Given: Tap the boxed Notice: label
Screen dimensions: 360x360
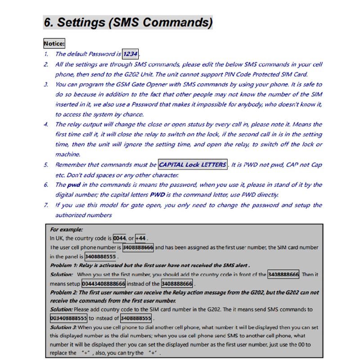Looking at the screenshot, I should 54,44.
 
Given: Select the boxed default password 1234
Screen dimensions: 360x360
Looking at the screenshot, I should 130,54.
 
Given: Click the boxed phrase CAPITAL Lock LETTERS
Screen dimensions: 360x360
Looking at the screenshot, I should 193,165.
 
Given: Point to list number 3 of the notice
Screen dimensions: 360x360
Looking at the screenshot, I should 46,85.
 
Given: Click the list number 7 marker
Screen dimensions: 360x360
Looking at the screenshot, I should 46,205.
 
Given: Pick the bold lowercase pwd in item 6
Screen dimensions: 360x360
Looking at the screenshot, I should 73,185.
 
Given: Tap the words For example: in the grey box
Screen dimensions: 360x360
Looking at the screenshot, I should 66,229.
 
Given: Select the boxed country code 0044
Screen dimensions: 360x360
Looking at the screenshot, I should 120,238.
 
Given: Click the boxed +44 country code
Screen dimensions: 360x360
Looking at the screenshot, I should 140,238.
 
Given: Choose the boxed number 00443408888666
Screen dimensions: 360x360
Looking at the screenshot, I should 103,284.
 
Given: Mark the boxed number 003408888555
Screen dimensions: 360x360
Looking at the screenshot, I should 68,318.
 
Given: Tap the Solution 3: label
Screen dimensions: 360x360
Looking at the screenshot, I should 63,327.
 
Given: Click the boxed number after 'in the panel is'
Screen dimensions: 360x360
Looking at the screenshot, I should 101,256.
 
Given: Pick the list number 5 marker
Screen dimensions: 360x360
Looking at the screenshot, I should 46,165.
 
